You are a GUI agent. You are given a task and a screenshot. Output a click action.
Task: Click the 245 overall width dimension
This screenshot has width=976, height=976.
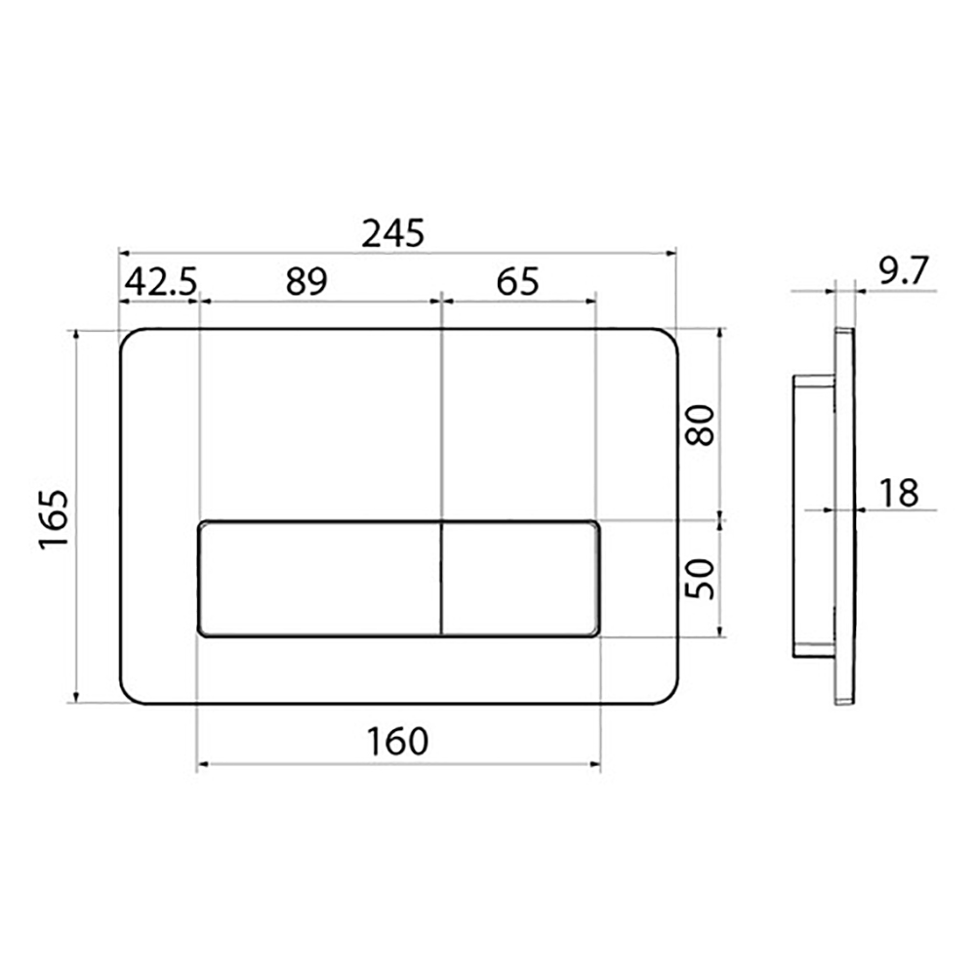coord(393,233)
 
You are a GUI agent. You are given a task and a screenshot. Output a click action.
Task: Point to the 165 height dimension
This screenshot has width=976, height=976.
coord(54,519)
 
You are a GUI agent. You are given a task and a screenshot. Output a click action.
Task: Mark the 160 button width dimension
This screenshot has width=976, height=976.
coord(398,742)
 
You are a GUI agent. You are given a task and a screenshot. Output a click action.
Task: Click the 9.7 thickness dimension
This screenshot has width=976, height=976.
coord(904,271)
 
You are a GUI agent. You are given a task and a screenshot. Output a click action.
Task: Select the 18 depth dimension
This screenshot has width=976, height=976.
coord(899,493)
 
